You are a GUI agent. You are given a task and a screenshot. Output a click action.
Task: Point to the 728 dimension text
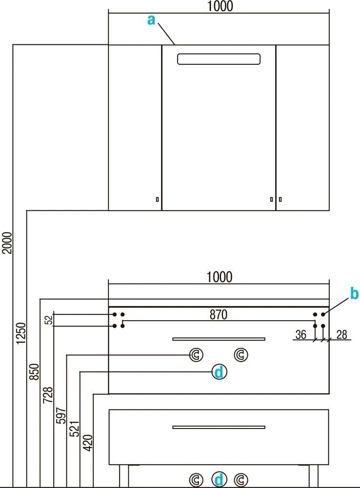pos(47,394)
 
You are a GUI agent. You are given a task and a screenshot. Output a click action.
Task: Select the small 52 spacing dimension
pos(47,320)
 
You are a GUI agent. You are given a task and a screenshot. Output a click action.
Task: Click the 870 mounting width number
pos(219,315)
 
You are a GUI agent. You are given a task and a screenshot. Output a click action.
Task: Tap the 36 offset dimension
pos(301,334)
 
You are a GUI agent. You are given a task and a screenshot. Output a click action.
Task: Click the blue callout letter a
pos(151,20)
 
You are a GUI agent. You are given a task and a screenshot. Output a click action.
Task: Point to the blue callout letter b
pos(355,294)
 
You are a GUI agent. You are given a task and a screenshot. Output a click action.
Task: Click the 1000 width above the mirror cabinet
pos(220,6)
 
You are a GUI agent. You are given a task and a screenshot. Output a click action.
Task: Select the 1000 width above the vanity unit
pos(219,277)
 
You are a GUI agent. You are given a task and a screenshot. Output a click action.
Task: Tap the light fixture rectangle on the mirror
pos(219,59)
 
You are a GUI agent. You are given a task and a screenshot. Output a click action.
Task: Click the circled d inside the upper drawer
pos(219,372)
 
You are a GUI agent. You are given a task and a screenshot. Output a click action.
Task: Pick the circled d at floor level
pos(219,479)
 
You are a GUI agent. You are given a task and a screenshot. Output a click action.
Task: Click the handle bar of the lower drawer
pos(219,427)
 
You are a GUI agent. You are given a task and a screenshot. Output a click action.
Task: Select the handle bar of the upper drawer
pos(219,338)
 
